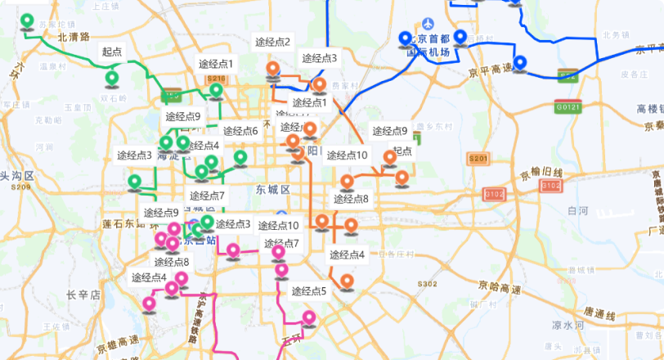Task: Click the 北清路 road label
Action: coord(73,37)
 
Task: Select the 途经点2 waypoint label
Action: coord(272,42)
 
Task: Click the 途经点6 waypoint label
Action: coord(240,131)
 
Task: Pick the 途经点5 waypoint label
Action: coord(308,290)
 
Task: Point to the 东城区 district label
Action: coord(272,190)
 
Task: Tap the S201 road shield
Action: coord(478,158)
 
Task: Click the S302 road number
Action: coord(427,284)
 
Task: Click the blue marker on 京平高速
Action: coord(519,63)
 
